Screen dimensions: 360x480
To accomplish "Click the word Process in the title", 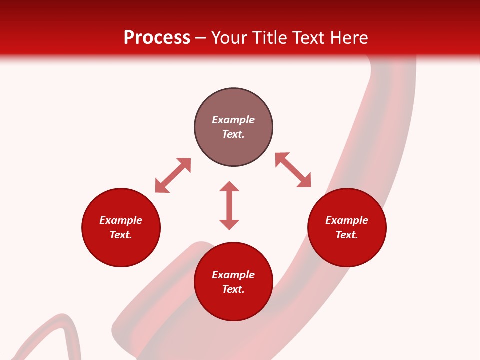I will [157, 38].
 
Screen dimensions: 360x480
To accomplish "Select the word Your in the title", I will [231, 38].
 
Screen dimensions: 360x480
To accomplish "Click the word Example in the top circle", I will [233, 120].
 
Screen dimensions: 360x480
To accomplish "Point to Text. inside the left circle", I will [121, 235].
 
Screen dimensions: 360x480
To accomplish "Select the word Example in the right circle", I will [347, 220].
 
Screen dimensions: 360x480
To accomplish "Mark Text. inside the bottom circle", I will [233, 289].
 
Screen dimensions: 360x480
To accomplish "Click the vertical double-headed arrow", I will [229, 205].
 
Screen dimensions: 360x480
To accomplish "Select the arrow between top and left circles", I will [173, 175].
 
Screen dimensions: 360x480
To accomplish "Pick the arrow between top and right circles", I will [293, 170].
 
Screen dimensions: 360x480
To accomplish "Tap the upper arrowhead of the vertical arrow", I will [229, 186].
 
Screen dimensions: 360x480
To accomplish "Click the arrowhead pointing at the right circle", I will [304, 180].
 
